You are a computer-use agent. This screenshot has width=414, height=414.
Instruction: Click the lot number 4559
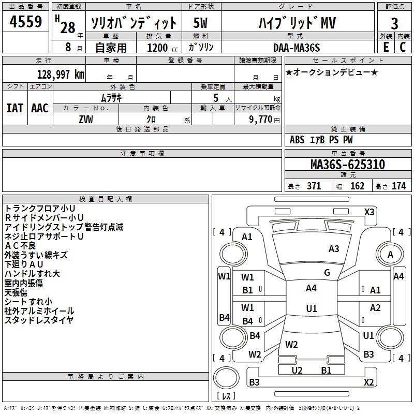tap(25, 21)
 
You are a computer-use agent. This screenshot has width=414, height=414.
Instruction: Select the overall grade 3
tap(394, 23)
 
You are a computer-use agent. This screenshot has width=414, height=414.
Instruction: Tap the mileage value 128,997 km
tap(61, 75)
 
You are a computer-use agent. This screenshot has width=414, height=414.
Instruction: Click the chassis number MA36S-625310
tap(348, 165)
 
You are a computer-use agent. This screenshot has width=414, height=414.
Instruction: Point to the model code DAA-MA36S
tap(297, 48)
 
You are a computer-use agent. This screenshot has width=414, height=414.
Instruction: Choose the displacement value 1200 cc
tap(162, 48)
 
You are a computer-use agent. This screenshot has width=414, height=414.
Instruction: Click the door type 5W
tap(200, 23)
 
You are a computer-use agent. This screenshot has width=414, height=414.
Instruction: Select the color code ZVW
tap(86, 120)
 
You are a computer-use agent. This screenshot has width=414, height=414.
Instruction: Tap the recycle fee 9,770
tap(260, 120)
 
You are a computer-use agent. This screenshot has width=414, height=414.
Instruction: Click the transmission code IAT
tap(15, 108)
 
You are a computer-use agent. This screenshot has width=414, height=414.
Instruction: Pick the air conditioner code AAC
tap(40, 108)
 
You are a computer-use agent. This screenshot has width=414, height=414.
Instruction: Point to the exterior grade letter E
tap(386, 47)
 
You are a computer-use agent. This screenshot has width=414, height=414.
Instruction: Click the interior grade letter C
tap(403, 47)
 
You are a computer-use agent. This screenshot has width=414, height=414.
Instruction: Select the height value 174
tap(398, 186)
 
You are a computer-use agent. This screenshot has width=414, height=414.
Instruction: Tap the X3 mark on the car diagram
tap(369, 212)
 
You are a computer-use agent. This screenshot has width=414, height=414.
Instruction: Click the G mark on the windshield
tap(327, 273)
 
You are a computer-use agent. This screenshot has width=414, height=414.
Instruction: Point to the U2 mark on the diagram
tap(297, 370)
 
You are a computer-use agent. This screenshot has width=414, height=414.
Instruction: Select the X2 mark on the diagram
tap(368, 382)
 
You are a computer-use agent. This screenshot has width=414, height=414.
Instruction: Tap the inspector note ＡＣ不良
tap(20, 245)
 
